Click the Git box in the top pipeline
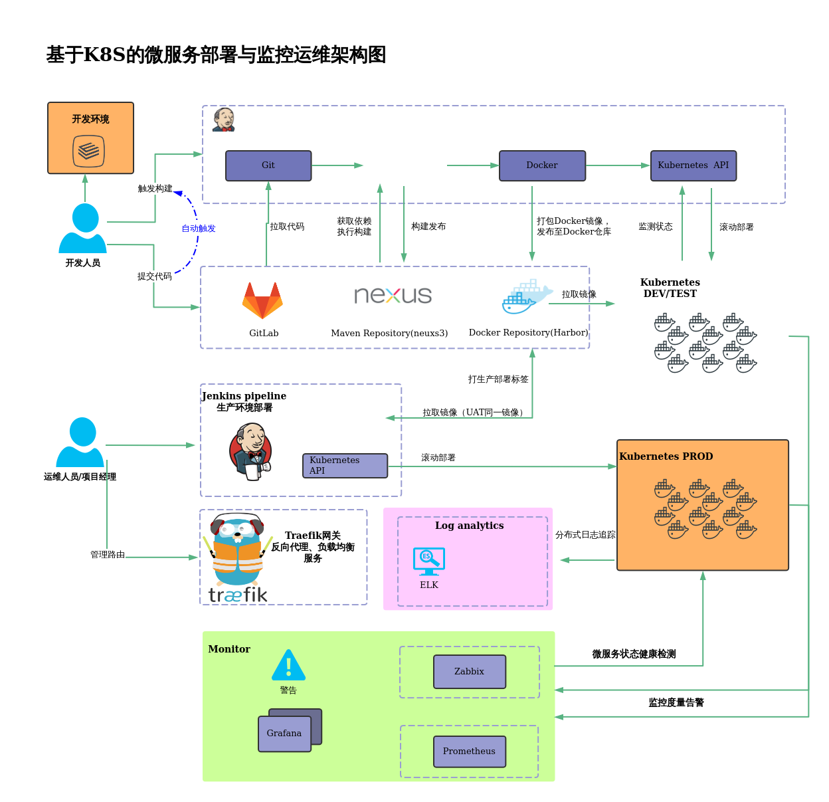coord(268,165)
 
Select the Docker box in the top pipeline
coord(542,165)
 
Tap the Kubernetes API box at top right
coord(693,165)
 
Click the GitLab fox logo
coord(263,301)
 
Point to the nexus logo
coord(393,295)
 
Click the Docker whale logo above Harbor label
coord(526,297)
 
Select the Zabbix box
coord(469,672)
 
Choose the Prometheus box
coord(469,752)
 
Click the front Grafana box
coord(284,734)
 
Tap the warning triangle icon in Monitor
coord(288,665)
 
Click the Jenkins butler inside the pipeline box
coord(251,452)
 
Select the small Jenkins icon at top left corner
coord(224,120)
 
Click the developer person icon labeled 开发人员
coord(83,229)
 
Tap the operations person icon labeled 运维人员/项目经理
coord(80,443)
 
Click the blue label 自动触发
coord(199,229)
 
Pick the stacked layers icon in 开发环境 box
coord(88,151)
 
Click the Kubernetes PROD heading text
coord(666,456)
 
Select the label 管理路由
coord(108,554)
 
